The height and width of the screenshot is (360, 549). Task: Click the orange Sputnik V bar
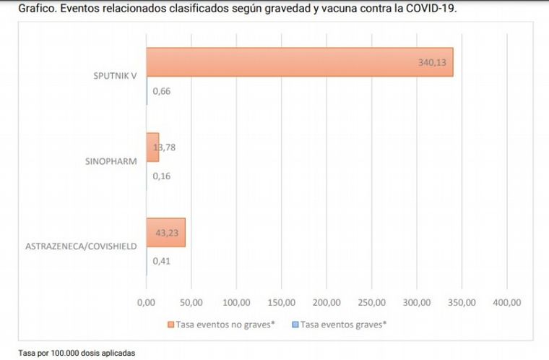pos(303,62)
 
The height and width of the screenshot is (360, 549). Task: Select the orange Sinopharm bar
pos(152,147)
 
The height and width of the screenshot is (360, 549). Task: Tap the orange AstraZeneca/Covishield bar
pos(165,233)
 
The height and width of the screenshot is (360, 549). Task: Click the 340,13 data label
pos(433,63)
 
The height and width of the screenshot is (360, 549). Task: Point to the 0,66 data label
pos(161,91)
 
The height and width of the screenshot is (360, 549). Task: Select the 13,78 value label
pos(164,147)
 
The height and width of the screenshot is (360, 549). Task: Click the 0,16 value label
pos(161,176)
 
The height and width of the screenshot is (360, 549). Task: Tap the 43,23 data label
pos(169,233)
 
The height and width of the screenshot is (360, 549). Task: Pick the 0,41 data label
pos(161,261)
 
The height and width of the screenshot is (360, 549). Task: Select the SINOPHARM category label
pos(111,161)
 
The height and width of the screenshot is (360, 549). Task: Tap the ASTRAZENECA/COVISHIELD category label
pos(82,247)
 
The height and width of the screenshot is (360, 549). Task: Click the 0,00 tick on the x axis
pos(146,301)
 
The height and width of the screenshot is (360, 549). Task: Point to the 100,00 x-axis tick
pos(236,301)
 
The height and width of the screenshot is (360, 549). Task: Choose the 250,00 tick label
pos(371,301)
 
